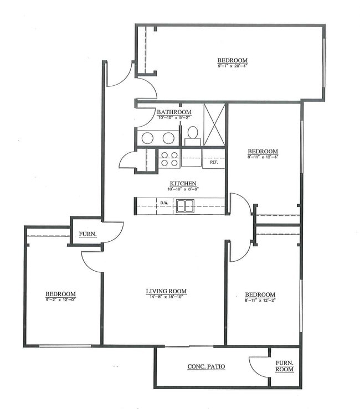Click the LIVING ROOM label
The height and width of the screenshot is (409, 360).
pos(166,291)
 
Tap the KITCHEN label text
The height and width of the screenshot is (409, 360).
pos(183,184)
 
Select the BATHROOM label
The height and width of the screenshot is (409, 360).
pos(174,112)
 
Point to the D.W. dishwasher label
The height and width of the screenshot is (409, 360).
pos(164,203)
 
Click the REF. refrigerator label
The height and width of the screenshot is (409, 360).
pos(214,162)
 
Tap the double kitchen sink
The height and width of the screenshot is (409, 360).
pos(184,206)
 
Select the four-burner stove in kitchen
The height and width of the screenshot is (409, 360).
pos(169,159)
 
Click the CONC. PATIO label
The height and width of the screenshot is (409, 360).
pos(206,366)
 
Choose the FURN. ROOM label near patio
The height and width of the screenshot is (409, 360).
pos(285,366)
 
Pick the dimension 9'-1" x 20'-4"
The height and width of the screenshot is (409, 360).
pos(232,66)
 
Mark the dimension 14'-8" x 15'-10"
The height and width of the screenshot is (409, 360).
pos(166,297)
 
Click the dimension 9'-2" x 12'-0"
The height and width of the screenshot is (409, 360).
pos(60,299)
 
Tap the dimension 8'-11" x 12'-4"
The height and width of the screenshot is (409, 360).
pos(263,157)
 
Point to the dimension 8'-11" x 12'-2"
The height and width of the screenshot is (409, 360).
pos(260,300)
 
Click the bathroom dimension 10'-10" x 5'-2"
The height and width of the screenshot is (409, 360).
pos(174,117)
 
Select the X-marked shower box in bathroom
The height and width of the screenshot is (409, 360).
pos(214,125)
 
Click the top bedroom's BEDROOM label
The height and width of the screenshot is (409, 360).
pos(232,60)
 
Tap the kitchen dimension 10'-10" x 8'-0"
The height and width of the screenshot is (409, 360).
pos(183,189)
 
